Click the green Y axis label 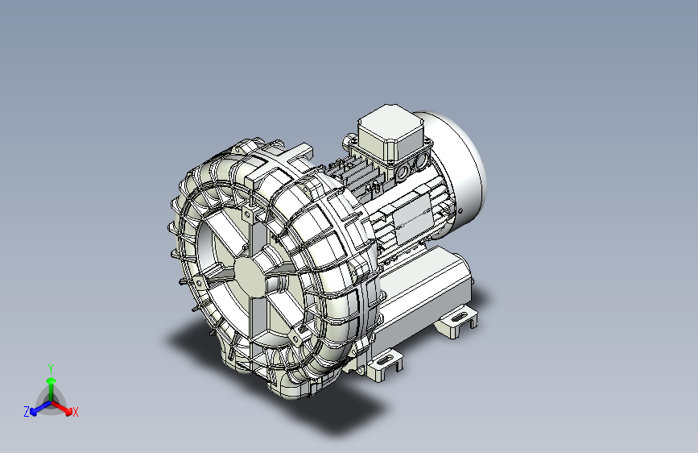point(51,368)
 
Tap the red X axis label point(75,412)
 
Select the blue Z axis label point(27,412)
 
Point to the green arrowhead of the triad point(52,380)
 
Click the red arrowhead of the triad point(68,410)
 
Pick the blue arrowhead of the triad point(33,411)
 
